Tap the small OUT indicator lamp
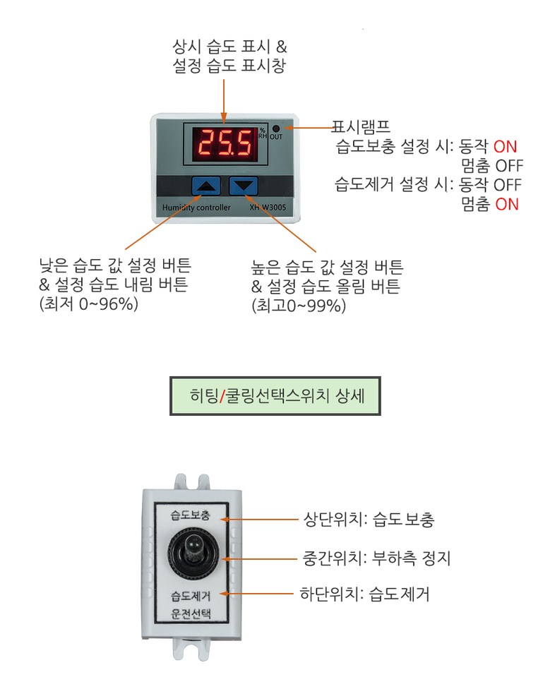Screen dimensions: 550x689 [x=276, y=129]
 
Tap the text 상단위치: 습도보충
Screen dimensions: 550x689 [x=369, y=520]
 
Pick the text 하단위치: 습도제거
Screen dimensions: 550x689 [x=366, y=594]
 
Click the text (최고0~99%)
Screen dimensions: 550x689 [x=298, y=307]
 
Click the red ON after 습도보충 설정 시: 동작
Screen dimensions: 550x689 [x=505, y=147]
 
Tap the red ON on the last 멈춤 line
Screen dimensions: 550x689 [x=506, y=205]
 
